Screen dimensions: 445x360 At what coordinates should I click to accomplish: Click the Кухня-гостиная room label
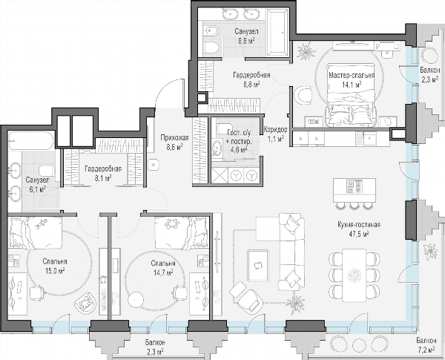point(359,225)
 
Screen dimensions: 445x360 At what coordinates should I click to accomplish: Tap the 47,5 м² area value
point(359,234)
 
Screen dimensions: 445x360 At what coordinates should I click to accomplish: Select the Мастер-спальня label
point(352,75)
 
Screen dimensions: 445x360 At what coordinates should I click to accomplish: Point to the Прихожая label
point(174,138)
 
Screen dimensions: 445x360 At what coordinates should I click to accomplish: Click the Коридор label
point(275,130)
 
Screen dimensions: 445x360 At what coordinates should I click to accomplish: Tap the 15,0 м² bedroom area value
point(55,271)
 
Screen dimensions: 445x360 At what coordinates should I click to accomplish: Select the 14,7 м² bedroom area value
point(163,272)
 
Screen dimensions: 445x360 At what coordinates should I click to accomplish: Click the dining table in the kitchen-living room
point(354,275)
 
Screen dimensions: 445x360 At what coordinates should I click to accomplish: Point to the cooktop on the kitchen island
point(354,186)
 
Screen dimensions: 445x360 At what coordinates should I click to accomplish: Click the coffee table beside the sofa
point(257,265)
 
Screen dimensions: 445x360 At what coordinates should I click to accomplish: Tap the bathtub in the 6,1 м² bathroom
point(30,140)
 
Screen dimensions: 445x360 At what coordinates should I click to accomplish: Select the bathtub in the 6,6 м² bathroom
point(277,31)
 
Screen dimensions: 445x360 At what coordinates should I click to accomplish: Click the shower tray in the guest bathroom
point(220,176)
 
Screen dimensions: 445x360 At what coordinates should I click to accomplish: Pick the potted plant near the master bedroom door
point(306,51)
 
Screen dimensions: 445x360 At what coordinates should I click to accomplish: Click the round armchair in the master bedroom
point(303,95)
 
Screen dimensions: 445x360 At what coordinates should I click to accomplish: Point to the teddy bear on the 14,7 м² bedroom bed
point(172,223)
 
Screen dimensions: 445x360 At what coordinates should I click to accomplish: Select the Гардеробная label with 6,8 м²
point(251,75)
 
